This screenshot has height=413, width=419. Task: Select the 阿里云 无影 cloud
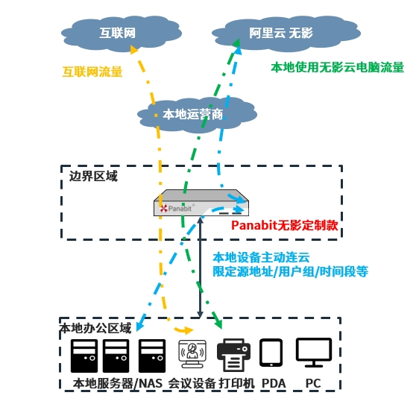tap(280, 34)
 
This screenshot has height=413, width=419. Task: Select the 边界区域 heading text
tap(93, 177)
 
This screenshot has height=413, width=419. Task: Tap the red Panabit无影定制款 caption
tap(284, 224)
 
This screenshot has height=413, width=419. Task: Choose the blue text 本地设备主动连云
tap(258, 257)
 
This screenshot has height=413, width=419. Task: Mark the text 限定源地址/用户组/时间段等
tap(290, 272)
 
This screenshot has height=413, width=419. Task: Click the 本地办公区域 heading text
tap(95, 328)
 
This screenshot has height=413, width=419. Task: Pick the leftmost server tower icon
tap(84, 356)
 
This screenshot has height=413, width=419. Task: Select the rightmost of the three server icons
tap(152, 356)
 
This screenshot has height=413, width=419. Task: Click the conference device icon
tap(192, 353)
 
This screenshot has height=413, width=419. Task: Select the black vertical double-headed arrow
tap(200, 269)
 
